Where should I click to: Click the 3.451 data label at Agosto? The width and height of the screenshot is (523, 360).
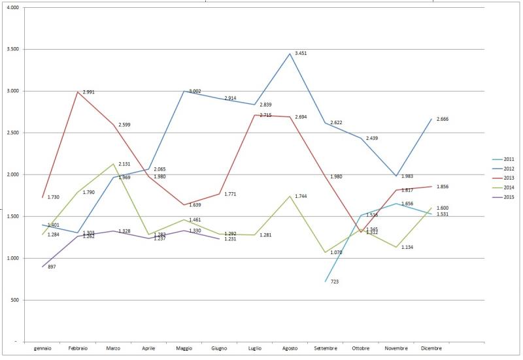(x=301, y=54)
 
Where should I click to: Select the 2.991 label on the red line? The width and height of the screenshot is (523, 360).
(x=90, y=92)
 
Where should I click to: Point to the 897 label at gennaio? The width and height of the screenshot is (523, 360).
(x=52, y=267)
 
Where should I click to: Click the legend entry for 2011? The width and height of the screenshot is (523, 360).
(x=506, y=159)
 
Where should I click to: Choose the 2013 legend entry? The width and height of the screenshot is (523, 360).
(x=506, y=178)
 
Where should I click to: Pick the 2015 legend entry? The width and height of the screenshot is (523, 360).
(x=506, y=197)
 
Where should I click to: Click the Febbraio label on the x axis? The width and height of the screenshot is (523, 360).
(x=78, y=348)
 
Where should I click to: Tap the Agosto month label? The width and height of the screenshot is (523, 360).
(x=290, y=348)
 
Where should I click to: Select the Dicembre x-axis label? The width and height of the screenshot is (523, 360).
(x=431, y=348)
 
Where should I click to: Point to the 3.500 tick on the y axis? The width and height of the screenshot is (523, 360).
(x=12, y=49)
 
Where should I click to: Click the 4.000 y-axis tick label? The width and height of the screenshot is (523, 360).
(x=12, y=7)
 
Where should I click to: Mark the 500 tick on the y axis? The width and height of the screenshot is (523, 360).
(x=14, y=300)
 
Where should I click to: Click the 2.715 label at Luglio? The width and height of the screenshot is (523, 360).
(x=266, y=115)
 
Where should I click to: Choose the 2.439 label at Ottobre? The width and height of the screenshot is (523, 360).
(x=373, y=139)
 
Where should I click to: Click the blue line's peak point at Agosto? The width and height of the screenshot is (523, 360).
(x=290, y=54)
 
